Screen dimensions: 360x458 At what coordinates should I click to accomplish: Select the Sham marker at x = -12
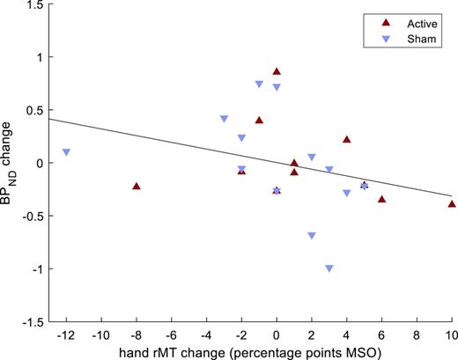click(x=66, y=152)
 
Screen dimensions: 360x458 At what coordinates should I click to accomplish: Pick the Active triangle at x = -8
click(x=136, y=186)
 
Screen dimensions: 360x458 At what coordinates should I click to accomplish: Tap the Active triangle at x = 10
click(x=452, y=203)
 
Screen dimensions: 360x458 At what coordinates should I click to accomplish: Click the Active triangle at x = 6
click(x=381, y=199)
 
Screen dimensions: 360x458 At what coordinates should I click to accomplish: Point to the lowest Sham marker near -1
click(x=329, y=268)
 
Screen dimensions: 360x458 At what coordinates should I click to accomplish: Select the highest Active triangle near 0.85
click(x=277, y=71)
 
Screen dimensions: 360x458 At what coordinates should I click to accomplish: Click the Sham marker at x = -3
click(x=224, y=119)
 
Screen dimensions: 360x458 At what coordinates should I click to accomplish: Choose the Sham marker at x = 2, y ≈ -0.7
click(x=312, y=236)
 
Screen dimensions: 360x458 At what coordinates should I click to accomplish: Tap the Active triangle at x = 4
click(x=347, y=139)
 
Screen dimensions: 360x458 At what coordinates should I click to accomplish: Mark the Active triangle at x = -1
click(x=259, y=120)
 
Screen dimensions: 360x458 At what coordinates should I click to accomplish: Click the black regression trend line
click(x=176, y=143)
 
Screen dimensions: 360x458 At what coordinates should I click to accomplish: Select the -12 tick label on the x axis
click(x=64, y=335)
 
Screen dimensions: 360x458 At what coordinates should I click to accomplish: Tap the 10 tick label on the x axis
click(x=451, y=335)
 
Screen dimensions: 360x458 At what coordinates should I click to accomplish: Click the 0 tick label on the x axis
click(x=277, y=335)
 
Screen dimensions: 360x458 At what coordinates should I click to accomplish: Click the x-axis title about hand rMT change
click(x=259, y=351)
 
